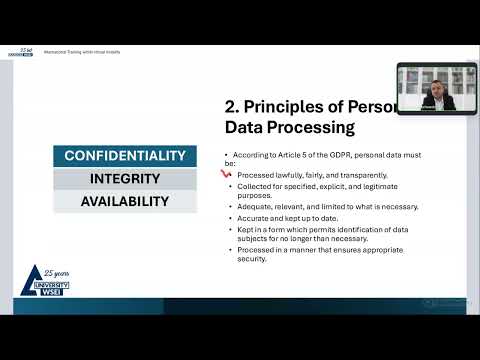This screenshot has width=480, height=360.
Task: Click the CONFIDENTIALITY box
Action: (x=125, y=156)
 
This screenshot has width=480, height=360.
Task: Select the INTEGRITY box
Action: (x=125, y=178)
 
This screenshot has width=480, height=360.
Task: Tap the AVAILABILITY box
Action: (x=125, y=201)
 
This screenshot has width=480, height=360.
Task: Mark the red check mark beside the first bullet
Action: (x=227, y=173)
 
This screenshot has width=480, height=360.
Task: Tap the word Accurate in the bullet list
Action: (x=253, y=217)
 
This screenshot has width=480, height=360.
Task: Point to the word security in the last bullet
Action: (x=251, y=259)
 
